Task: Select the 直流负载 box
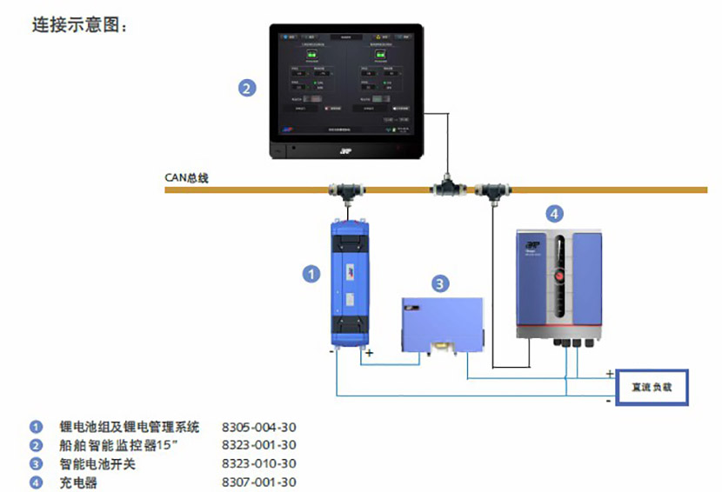(652, 386)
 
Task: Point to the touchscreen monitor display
(346, 83)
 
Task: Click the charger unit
(558, 282)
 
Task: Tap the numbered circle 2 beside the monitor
(247, 87)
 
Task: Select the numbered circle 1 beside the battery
(311, 274)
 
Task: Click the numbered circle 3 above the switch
(441, 283)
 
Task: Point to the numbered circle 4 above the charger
(554, 212)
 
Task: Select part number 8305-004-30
(259, 427)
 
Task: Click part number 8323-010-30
(259, 464)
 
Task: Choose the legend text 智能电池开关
(97, 464)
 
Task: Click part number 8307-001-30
(259, 482)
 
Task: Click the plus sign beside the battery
(369, 353)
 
